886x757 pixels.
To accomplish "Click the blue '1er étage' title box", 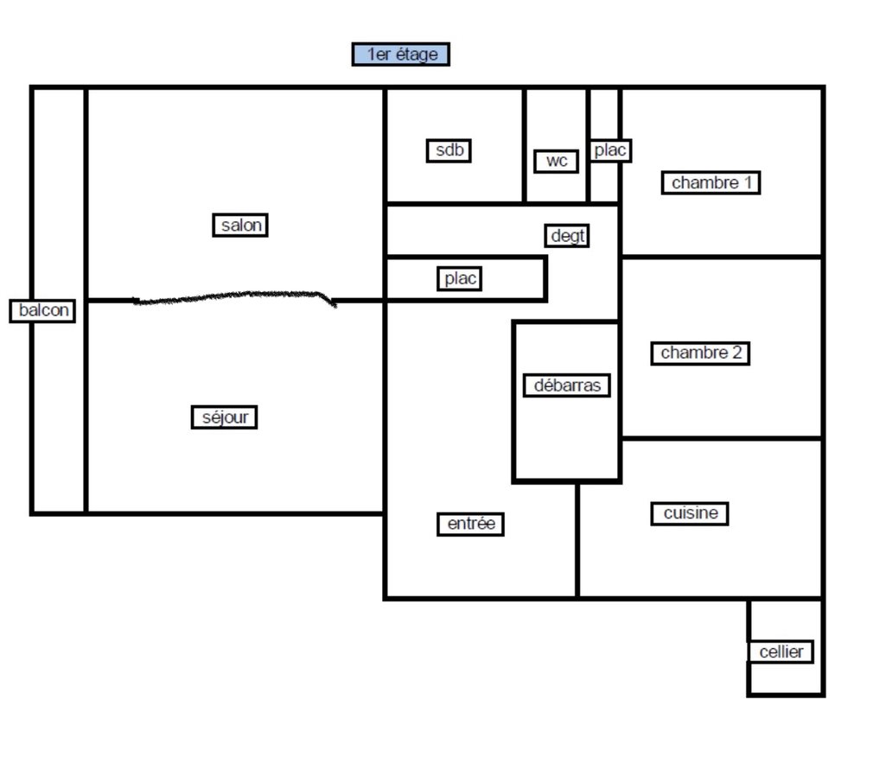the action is (400, 54).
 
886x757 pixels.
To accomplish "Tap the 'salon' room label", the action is (240, 226).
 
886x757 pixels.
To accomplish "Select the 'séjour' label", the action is (225, 417).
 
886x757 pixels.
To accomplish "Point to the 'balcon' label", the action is (43, 311).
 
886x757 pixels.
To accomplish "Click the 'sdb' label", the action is (449, 150).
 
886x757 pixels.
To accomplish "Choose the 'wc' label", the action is (557, 161).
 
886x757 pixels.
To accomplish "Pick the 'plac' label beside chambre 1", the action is (609, 150).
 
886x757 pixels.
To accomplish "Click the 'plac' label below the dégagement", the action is (459, 278).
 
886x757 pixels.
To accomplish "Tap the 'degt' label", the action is (567, 236).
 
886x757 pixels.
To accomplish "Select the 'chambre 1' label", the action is (711, 182).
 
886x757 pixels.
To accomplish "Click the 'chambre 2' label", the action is (700, 353).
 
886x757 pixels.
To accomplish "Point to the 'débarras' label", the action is (567, 385).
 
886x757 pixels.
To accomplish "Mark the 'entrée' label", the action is (471, 524).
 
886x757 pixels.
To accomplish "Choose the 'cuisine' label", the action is (690, 513).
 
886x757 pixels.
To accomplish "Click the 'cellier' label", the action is (781, 652).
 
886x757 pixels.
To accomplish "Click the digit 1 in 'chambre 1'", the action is (748, 182).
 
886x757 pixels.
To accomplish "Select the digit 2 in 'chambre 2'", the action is (736, 353).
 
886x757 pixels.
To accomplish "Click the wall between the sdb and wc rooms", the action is (525, 145).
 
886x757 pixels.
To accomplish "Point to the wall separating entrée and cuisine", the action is (577, 539).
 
